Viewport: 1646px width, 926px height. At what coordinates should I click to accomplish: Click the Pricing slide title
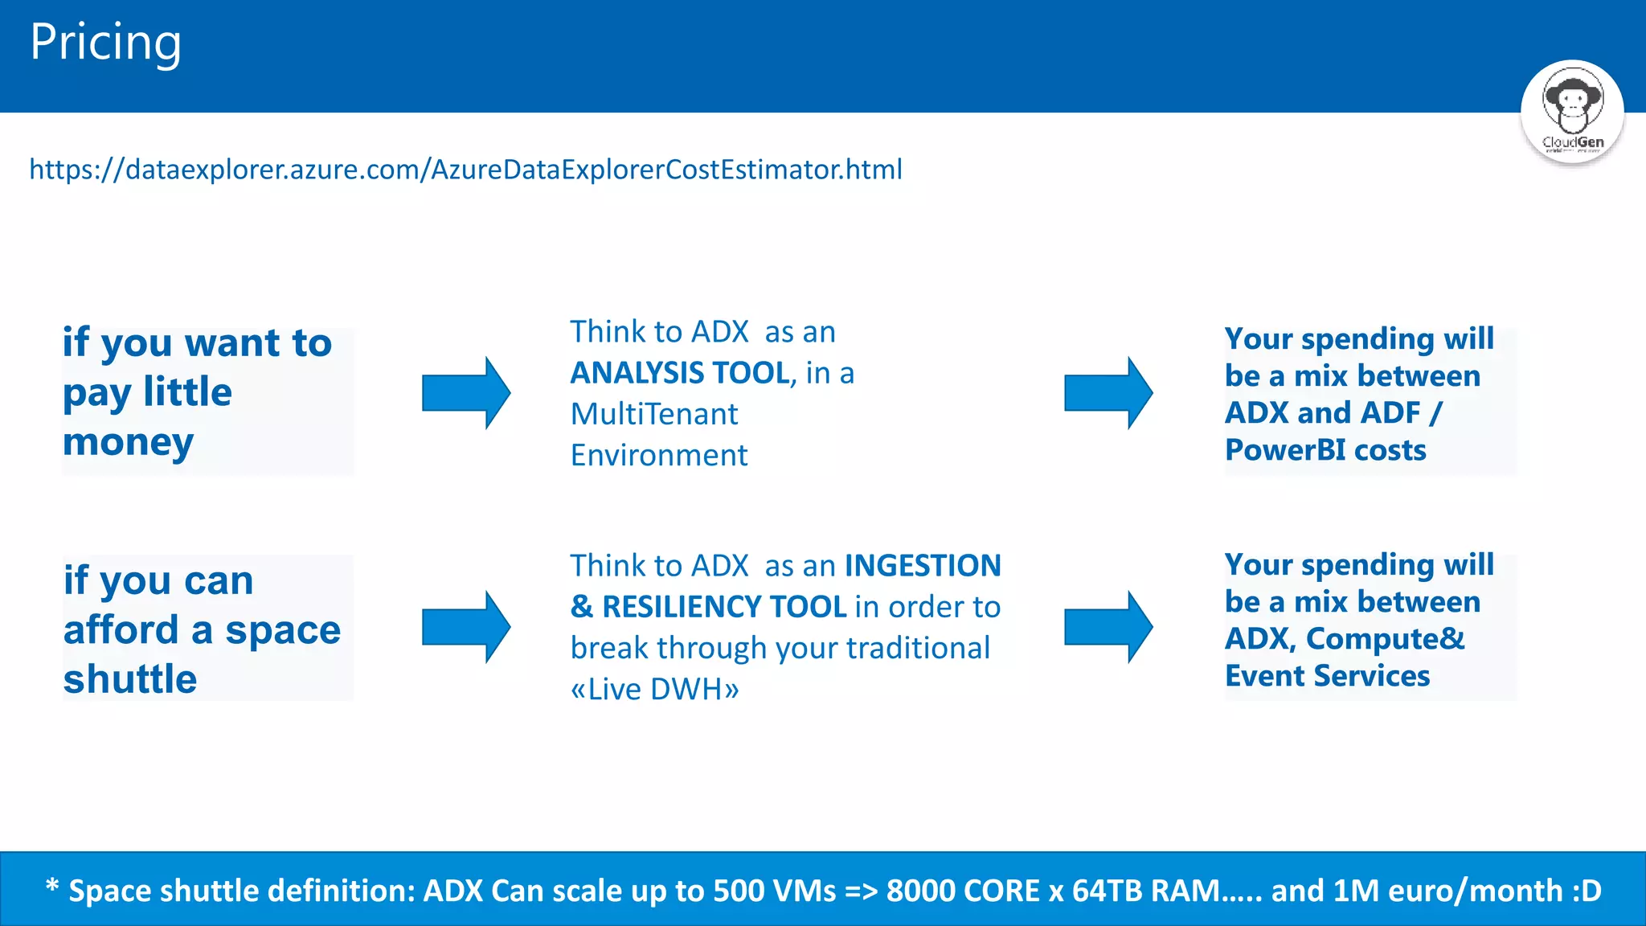105,42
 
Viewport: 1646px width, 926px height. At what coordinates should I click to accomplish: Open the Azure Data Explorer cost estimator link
465,170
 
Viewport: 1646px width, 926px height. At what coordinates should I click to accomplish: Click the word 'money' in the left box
128,443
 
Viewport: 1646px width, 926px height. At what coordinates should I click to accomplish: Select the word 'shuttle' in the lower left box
130,679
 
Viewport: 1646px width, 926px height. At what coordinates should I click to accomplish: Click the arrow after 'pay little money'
466,392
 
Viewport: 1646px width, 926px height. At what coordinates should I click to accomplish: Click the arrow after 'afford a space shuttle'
466,627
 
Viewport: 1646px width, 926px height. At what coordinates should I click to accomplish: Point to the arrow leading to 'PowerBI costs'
1108,392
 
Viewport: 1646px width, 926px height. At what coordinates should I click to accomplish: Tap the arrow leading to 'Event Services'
1108,627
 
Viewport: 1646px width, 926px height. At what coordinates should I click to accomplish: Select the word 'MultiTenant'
653,414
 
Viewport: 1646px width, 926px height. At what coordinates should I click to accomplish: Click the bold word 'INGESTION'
923,566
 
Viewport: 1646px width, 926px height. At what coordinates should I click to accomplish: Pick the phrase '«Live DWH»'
654,690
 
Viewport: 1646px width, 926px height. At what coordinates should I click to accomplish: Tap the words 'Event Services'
1327,676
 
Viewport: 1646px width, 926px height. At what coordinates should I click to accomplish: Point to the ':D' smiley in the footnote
1587,891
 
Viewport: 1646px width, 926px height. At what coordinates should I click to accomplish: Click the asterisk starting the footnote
52,887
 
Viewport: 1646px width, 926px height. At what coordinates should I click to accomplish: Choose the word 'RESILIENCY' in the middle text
724,607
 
